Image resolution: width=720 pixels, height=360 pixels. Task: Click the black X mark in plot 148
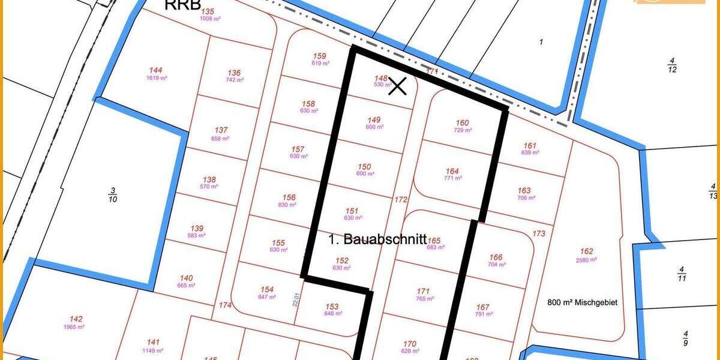click(397, 86)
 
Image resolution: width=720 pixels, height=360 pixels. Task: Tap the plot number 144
click(156, 70)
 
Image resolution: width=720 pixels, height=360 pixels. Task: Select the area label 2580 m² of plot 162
click(586, 260)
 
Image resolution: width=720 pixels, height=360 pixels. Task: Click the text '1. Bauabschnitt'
click(377, 239)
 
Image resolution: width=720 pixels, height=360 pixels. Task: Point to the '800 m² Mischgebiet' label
click(583, 302)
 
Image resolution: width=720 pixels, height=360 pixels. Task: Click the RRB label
click(182, 5)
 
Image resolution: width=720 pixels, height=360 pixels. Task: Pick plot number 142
click(76, 319)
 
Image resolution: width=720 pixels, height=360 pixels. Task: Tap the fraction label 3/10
click(112, 195)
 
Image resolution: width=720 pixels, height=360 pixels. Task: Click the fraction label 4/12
click(672, 65)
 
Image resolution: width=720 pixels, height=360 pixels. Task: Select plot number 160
click(463, 122)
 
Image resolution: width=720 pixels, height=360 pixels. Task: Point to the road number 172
click(401, 199)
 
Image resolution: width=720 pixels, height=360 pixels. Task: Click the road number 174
click(225, 305)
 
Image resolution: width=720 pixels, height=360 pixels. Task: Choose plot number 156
click(289, 197)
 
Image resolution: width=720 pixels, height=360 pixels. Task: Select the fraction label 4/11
click(681, 274)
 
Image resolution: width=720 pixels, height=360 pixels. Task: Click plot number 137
click(221, 131)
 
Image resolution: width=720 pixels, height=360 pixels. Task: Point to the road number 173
click(539, 233)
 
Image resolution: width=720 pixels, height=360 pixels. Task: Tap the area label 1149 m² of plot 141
click(154, 350)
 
